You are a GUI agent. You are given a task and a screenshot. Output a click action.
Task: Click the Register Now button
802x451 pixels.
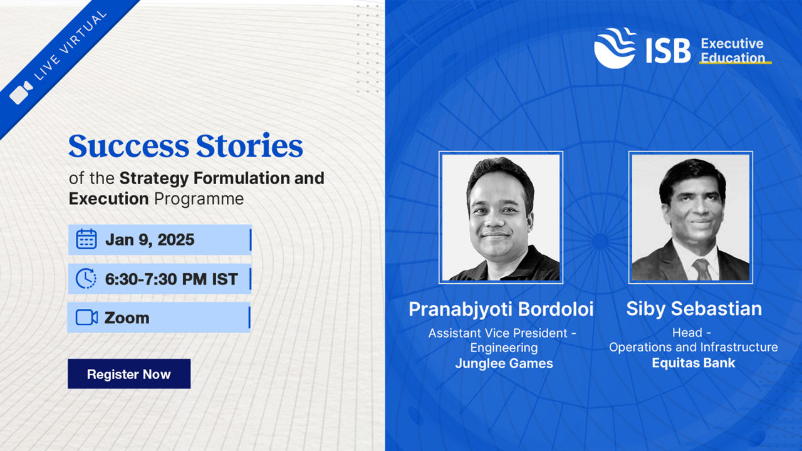tap(129, 374)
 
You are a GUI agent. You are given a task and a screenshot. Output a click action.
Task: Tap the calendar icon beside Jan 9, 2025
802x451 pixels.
tap(86, 239)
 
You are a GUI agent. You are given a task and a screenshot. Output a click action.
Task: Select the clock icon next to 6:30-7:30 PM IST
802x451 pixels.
tap(86, 279)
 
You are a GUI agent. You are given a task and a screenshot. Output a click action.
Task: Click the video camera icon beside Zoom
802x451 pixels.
tap(86, 318)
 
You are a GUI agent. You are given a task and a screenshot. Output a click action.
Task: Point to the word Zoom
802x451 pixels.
tap(127, 318)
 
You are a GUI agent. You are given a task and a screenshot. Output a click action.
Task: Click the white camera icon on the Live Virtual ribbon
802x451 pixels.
tap(21, 92)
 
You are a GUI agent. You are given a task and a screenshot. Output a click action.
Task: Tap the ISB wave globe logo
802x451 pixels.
tap(615, 48)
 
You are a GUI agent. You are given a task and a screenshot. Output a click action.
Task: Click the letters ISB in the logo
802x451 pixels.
tap(668, 51)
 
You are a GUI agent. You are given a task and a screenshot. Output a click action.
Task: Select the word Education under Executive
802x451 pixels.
tap(732, 58)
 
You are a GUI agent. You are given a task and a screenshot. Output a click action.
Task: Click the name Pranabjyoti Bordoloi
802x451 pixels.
tap(501, 309)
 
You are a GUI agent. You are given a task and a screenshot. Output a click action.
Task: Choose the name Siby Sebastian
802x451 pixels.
tap(694, 309)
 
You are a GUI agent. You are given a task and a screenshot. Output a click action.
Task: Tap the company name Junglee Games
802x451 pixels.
tap(504, 363)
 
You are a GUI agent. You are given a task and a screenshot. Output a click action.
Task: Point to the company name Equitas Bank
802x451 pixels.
tap(694, 363)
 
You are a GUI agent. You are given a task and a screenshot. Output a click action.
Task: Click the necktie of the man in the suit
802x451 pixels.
tap(702, 269)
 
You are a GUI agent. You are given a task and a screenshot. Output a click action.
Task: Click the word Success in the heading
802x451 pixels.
tap(128, 146)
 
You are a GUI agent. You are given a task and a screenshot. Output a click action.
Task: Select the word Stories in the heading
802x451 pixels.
tap(249, 146)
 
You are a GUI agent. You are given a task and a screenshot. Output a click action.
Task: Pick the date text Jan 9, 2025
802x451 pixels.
tap(150, 239)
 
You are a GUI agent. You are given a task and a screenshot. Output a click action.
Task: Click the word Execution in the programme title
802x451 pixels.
tap(108, 199)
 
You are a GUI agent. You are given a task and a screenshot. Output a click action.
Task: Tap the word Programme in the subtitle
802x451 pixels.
tap(199, 199)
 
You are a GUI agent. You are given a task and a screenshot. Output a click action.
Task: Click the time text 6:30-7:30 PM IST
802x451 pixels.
tap(171, 279)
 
